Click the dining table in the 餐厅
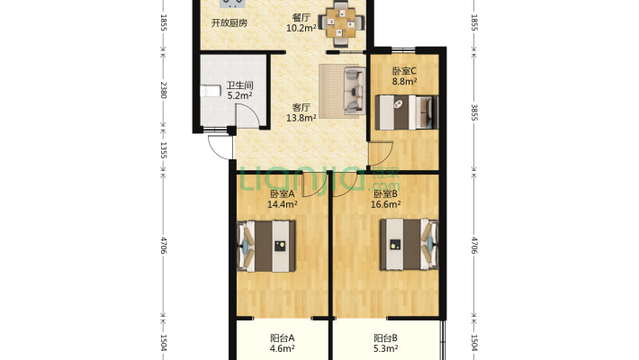point(341,23)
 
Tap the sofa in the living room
point(354,91)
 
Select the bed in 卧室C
point(406,112)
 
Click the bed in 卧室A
point(266,247)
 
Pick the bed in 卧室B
point(409,245)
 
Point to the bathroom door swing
point(247,115)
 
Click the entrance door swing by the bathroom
point(220,148)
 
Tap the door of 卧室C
point(380,154)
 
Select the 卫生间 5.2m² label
point(239,91)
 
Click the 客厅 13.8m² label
point(301,112)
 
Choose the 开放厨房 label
point(229,22)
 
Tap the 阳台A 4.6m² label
point(283,343)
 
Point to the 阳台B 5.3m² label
point(385,343)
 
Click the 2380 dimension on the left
point(164,90)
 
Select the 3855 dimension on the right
point(474,112)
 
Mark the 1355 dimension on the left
point(164,150)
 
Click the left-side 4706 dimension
point(164,246)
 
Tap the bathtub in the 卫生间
point(211,91)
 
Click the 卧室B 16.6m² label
point(385,199)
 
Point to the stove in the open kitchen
point(231,4)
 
